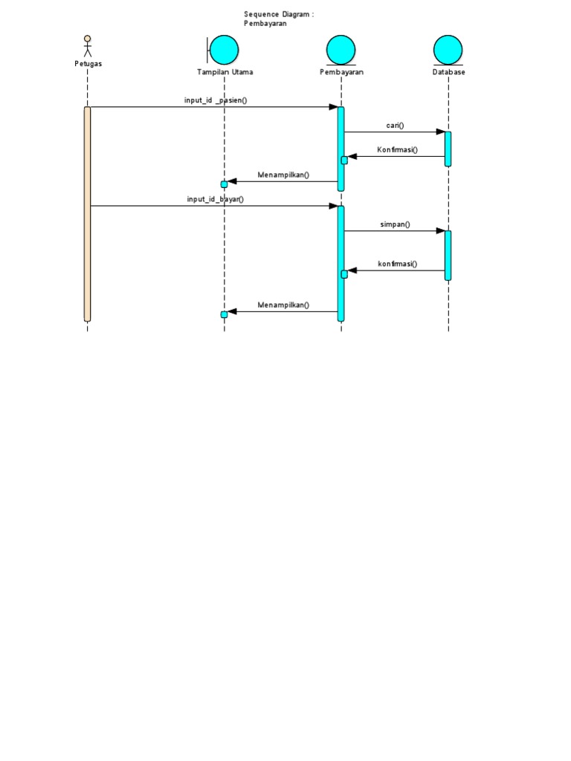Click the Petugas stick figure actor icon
pos(87,45)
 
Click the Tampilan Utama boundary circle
pos(223,49)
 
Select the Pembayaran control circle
pos(341,49)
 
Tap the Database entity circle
pos(448,49)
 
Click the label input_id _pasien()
pos(216,100)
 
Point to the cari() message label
pos(395,126)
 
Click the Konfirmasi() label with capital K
pos(397,150)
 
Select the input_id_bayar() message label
pos(216,199)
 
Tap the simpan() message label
pos(395,224)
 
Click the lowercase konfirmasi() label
pos(397,264)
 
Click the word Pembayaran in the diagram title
pos(265,23)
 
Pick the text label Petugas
pos(88,64)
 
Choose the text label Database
pos(448,73)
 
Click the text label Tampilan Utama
pos(225,73)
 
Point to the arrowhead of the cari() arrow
pos(440,132)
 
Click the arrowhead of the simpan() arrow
pos(440,231)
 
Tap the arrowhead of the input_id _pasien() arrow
pos(333,107)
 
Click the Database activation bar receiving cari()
pos(448,149)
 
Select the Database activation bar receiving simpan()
pos(448,255)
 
